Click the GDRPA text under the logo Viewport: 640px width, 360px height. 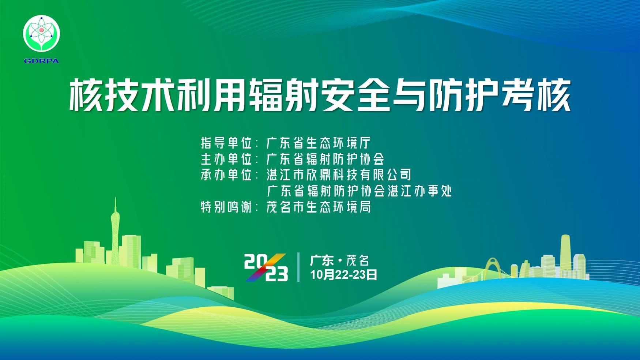coord(41,61)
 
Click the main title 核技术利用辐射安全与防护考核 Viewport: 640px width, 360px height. coord(320,95)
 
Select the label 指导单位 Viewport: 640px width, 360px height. coord(226,143)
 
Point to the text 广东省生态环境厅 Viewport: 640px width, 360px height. coord(319,143)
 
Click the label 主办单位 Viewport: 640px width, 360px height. coord(226,159)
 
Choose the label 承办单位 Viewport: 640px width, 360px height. coord(226,175)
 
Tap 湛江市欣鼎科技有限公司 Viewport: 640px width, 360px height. coord(339,175)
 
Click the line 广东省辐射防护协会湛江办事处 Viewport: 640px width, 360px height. coord(359,191)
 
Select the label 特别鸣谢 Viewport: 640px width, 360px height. coord(226,207)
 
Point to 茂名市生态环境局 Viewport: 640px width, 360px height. coord(319,207)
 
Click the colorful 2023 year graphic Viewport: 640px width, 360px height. coord(266,267)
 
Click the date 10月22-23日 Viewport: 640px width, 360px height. coord(344,274)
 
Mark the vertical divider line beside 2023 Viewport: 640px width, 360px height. coord(299,267)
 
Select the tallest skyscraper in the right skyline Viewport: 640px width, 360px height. coord(565,256)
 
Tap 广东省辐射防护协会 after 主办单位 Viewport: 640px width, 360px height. coord(325,159)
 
